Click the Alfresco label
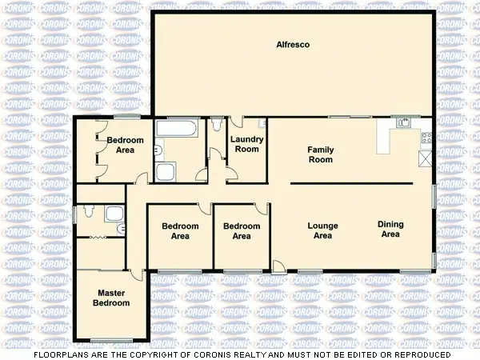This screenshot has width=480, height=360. click(x=293, y=45)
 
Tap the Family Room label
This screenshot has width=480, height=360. click(x=320, y=154)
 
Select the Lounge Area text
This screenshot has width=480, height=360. click(x=322, y=230)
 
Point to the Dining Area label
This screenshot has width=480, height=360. click(x=390, y=230)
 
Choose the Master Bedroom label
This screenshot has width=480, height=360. click(x=111, y=298)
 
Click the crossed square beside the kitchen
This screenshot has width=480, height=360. click(x=424, y=158)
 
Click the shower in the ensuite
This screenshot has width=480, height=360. click(x=114, y=213)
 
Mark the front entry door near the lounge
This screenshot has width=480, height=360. click(x=277, y=266)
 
